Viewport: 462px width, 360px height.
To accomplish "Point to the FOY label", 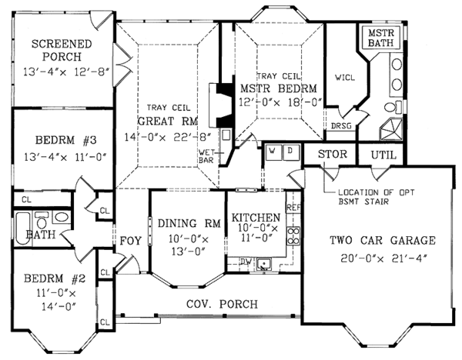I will [130, 241].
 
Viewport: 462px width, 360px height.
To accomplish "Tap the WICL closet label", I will [344, 77].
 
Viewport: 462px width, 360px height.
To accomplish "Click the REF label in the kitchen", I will [293, 207].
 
